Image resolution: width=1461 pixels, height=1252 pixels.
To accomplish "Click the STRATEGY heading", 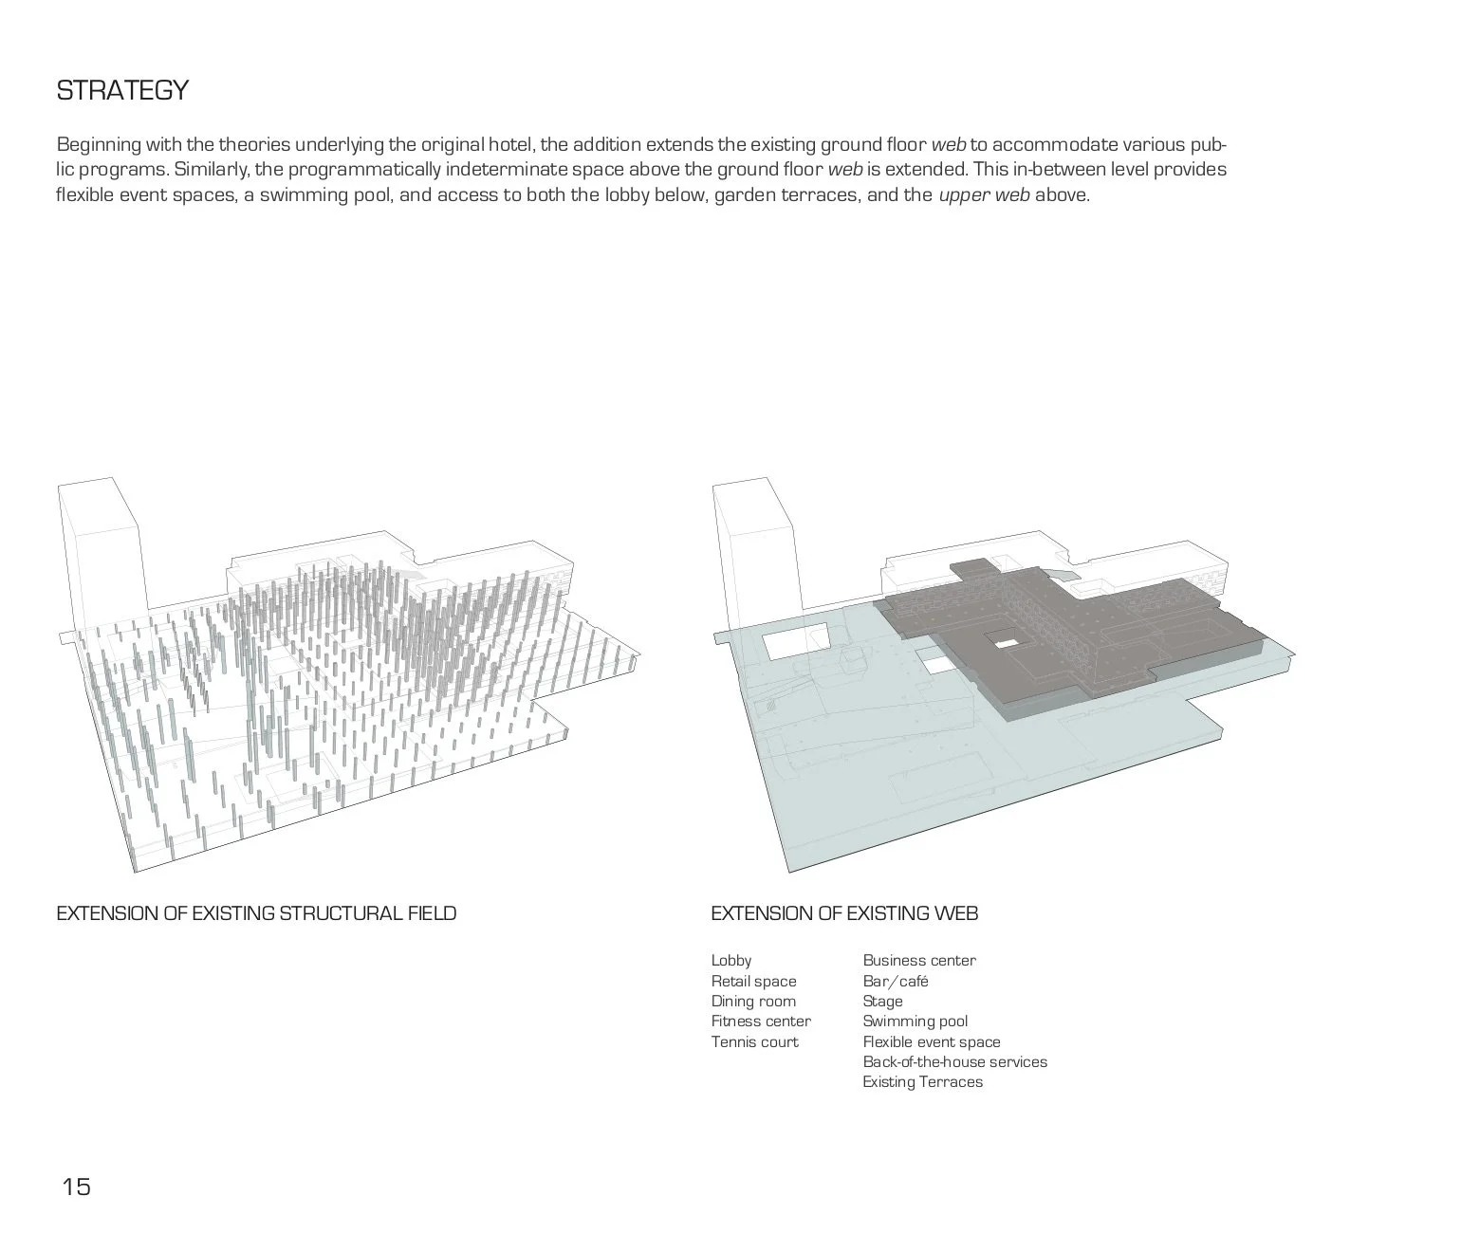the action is (x=122, y=91).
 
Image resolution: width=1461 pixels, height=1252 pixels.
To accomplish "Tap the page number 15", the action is (x=76, y=1187).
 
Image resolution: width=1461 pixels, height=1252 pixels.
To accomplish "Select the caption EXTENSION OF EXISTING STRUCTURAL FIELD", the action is (x=256, y=913).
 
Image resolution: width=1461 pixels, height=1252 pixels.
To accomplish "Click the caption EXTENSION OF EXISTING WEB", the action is (x=844, y=913).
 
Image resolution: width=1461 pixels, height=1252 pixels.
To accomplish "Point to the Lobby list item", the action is (x=730, y=961).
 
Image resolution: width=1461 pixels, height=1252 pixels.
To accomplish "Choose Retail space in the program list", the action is (x=753, y=982).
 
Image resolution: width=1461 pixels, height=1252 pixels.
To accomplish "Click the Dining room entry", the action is (x=753, y=1002).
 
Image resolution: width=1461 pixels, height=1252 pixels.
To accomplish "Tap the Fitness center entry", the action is (x=761, y=1022).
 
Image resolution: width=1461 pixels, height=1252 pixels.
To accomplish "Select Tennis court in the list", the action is (x=754, y=1042).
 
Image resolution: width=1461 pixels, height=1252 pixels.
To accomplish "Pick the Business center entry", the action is (x=918, y=961).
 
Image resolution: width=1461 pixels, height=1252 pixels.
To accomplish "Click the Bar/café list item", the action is (x=895, y=982).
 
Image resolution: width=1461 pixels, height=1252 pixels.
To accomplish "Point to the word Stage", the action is (x=882, y=1002).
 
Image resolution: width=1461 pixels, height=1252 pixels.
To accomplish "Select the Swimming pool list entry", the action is (x=915, y=1022).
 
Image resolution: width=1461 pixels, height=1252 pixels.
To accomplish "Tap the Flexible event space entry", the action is (x=931, y=1042).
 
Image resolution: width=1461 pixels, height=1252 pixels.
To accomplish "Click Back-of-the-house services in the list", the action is (x=954, y=1062).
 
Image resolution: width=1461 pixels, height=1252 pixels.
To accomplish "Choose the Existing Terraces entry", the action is (x=922, y=1082).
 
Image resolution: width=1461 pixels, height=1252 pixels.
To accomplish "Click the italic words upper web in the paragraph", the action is (x=983, y=196).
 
